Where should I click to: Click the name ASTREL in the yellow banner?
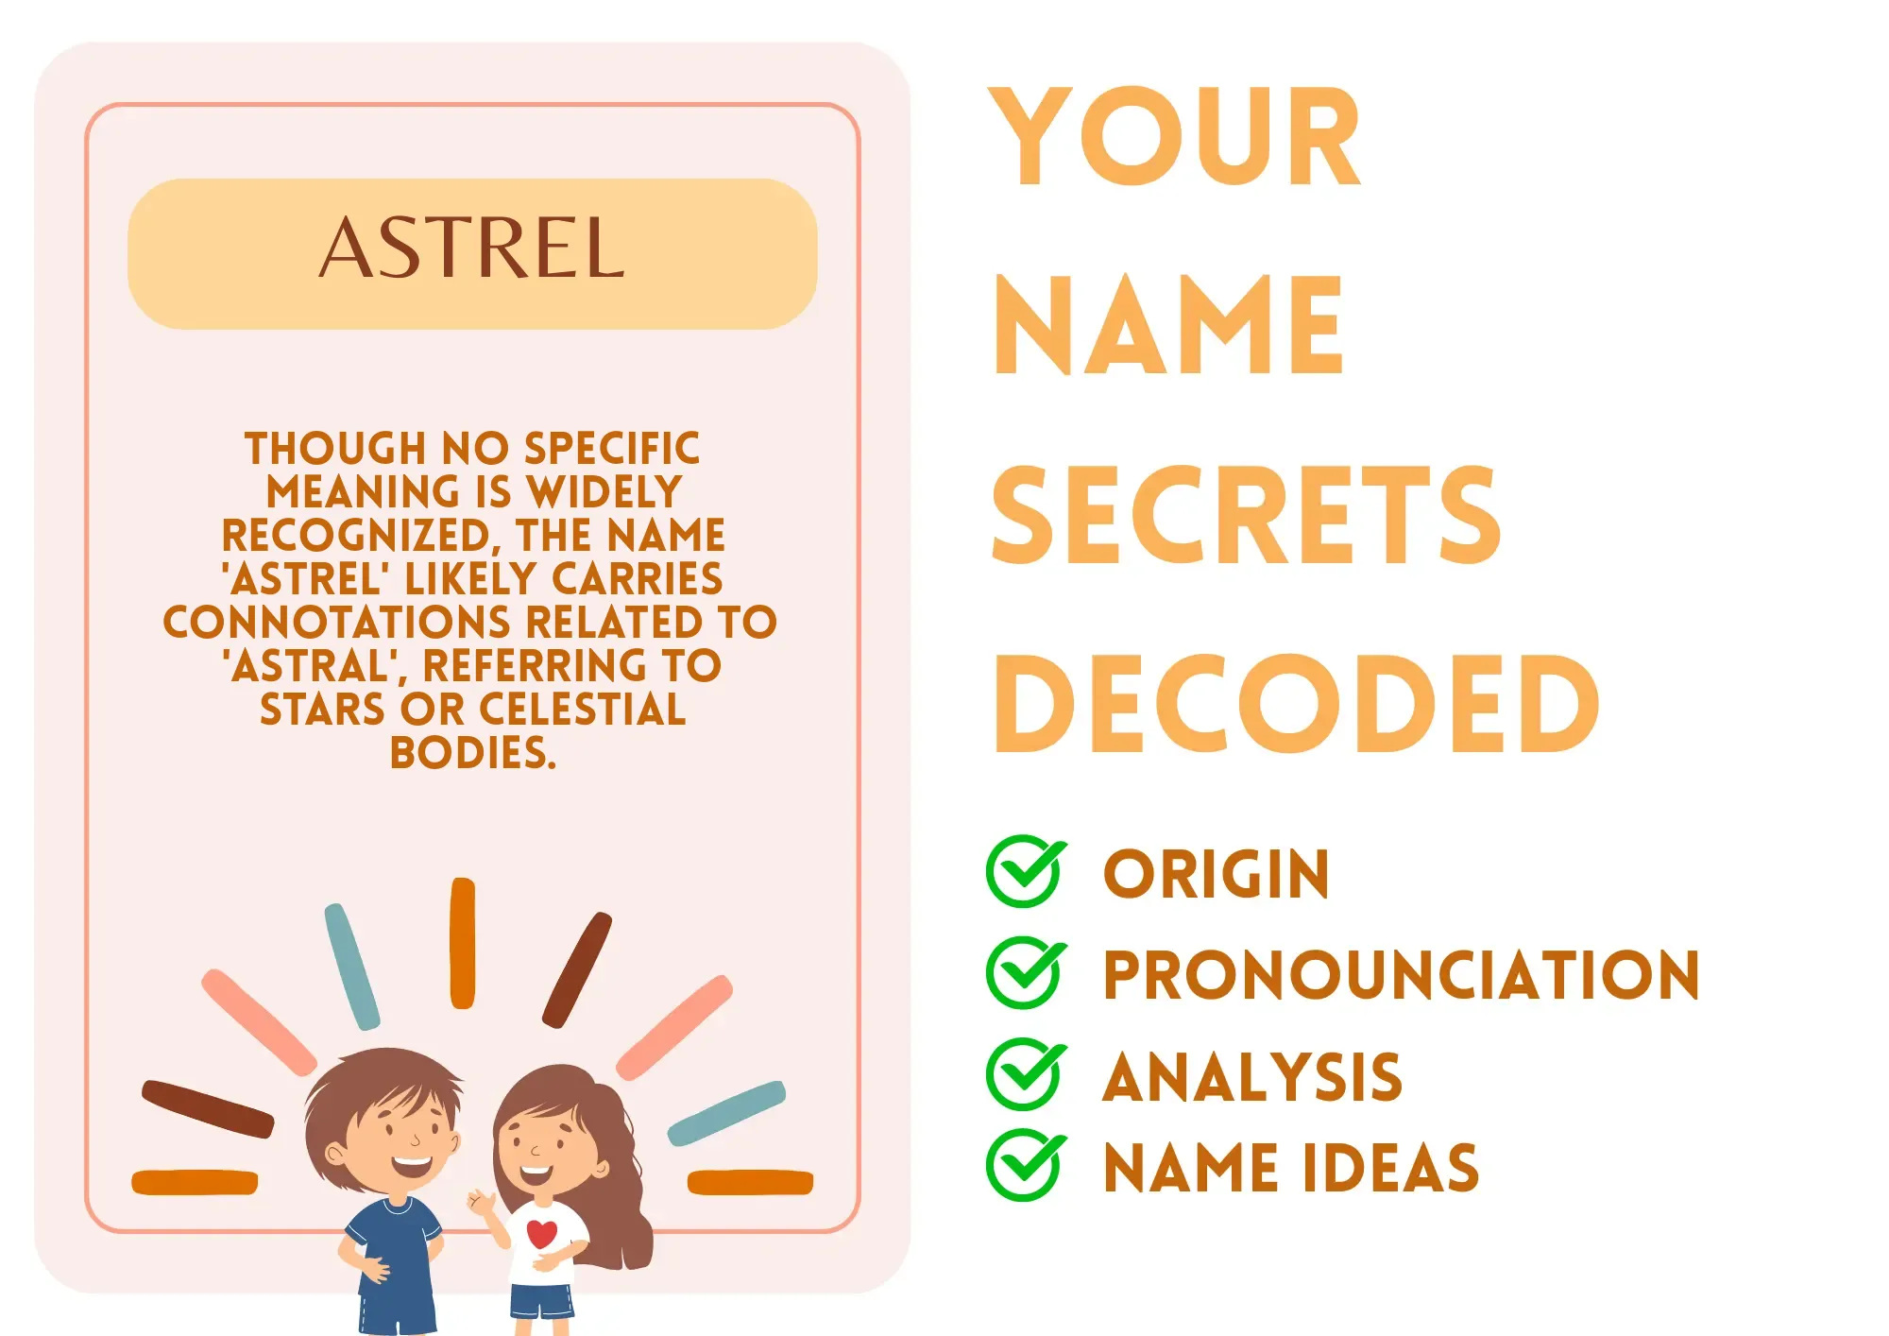click(471, 248)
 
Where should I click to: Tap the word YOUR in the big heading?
click(1175, 137)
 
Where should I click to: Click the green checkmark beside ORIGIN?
click(1026, 871)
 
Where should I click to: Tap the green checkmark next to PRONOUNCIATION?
click(1026, 972)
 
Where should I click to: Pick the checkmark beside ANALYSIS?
click(1026, 1073)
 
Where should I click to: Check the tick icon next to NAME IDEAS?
click(1026, 1164)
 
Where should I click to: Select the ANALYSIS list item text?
click(1252, 1076)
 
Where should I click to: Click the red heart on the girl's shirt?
click(542, 1233)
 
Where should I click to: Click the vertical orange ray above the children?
click(463, 943)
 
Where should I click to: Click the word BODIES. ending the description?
click(473, 752)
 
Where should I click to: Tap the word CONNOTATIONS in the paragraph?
click(337, 622)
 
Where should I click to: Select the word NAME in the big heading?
click(1168, 326)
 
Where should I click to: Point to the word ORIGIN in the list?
click(1217, 874)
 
